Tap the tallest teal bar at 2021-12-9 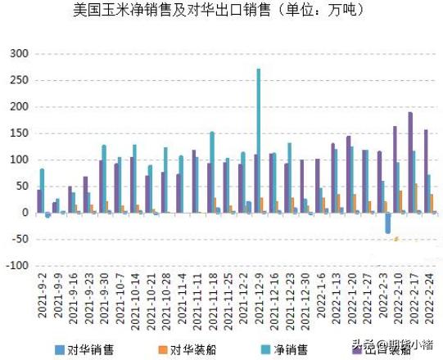[259, 139]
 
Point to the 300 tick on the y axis [19, 54]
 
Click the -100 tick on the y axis [16, 266]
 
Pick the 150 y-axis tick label [19, 107]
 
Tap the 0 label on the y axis [25, 213]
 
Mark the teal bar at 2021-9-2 [42, 191]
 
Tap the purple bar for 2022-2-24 [426, 171]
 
